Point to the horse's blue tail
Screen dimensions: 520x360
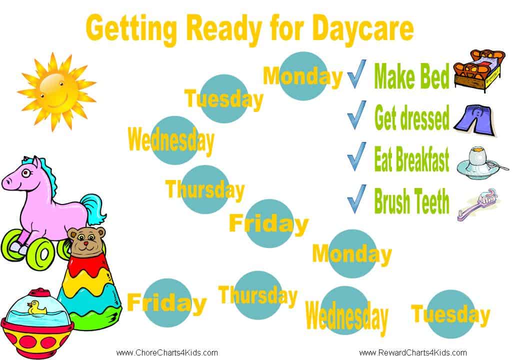click(93, 209)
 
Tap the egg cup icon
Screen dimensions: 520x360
click(481, 162)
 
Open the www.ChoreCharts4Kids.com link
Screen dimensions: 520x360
click(167, 352)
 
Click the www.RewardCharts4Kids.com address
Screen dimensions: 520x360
click(413, 352)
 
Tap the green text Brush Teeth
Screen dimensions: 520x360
click(411, 201)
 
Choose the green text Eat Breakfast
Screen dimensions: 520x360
click(411, 159)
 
